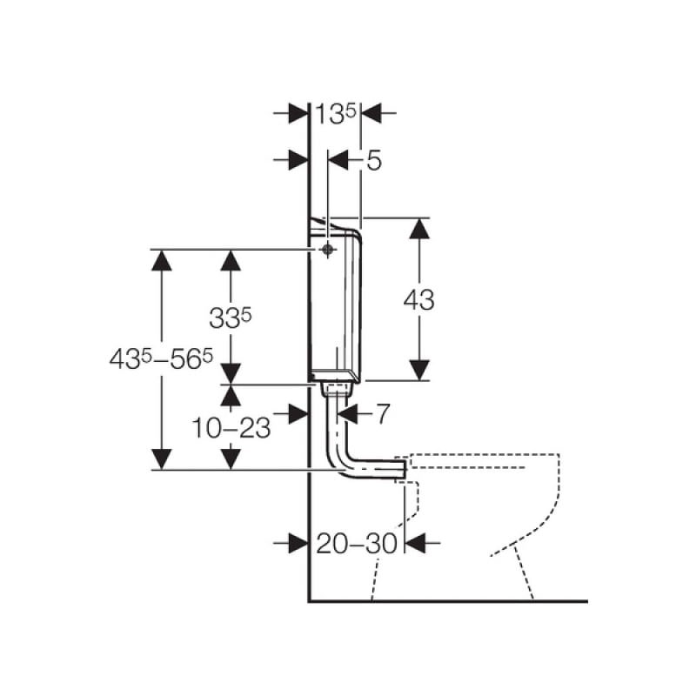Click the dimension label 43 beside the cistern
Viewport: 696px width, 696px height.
click(x=418, y=300)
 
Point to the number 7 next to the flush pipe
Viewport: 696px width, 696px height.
click(x=381, y=414)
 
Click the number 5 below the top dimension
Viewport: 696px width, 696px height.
click(x=373, y=160)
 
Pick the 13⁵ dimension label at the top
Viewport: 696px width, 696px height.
click(x=335, y=113)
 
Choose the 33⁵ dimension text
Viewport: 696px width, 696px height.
click(x=231, y=318)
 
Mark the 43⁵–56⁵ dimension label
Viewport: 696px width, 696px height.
click(x=162, y=358)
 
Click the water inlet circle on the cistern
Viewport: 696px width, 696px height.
click(x=326, y=250)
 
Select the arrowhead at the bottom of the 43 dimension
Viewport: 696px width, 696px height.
click(x=419, y=369)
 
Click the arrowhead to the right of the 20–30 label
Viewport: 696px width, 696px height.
click(x=415, y=543)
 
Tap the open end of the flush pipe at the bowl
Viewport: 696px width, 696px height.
click(x=403, y=470)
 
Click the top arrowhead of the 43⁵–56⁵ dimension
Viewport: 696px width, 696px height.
click(x=162, y=260)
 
